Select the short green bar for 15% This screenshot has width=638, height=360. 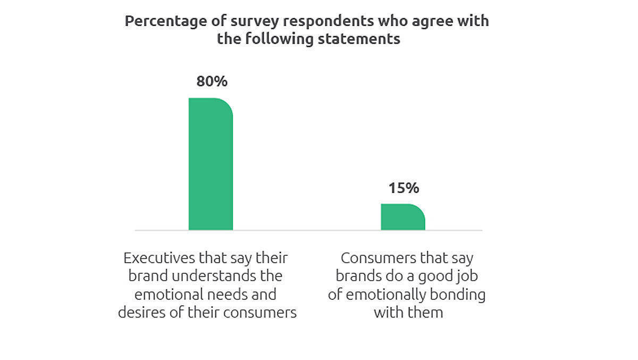click(403, 217)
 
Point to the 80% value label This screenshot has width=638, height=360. click(212, 81)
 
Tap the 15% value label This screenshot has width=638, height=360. click(404, 188)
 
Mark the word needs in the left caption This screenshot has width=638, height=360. click(232, 294)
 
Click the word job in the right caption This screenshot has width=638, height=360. click(461, 277)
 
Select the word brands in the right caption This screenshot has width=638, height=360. click(358, 277)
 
